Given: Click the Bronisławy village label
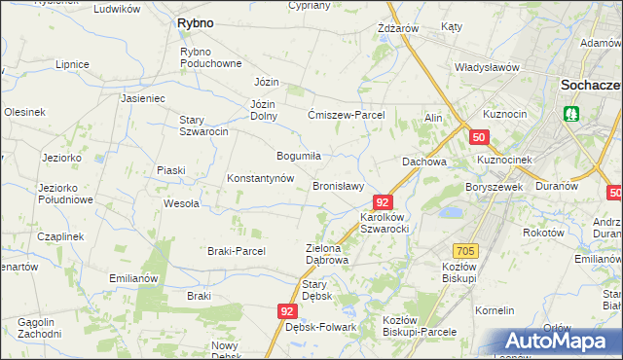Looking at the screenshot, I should coord(338,186).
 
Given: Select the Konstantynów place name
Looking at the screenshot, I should coord(260,179).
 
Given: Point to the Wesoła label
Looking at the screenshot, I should coord(181,203).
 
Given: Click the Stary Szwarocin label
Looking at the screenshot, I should coord(203,126).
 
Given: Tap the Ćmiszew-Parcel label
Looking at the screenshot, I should coord(347,115).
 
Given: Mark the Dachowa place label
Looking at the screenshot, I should coord(424,162).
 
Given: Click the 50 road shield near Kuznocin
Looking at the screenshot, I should coord(478,138).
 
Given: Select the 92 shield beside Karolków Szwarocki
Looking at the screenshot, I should coord(383,202).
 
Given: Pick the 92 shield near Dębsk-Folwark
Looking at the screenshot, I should coord(286,311).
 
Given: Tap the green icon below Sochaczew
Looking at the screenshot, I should coord(571,114).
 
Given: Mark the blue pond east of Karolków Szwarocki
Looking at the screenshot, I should coord(451,211).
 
